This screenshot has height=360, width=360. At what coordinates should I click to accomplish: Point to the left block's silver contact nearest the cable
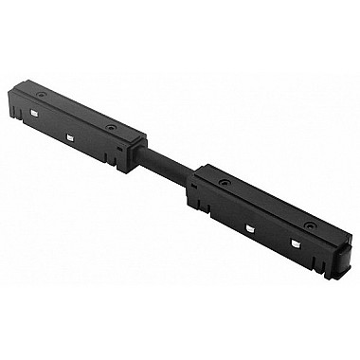point(72,137)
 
